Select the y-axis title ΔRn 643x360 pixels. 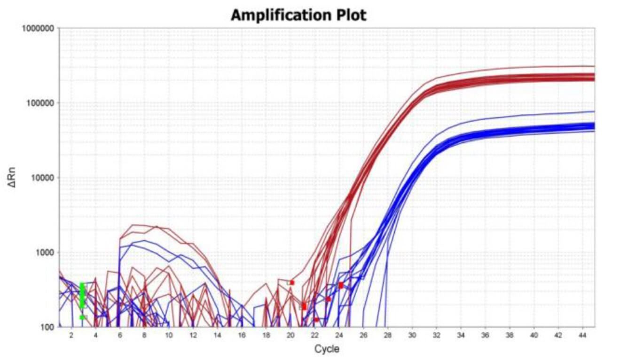12,178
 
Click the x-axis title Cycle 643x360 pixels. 327,349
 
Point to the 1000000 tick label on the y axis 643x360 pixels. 38,28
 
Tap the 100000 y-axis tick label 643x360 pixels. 40,103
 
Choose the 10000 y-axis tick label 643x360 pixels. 42,178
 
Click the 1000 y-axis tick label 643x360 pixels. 45,252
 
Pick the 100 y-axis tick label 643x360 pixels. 47,327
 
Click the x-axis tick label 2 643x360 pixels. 71,335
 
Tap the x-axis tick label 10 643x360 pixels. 169,335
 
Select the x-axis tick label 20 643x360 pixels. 290,335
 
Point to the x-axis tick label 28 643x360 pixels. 388,335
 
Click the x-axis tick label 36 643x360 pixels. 485,335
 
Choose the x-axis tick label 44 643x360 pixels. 582,335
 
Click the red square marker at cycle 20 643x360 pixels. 292,283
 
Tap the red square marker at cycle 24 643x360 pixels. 341,285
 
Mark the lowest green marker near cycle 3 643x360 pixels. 82,317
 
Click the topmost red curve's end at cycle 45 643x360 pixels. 595,66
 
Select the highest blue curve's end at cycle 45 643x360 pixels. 595,111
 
